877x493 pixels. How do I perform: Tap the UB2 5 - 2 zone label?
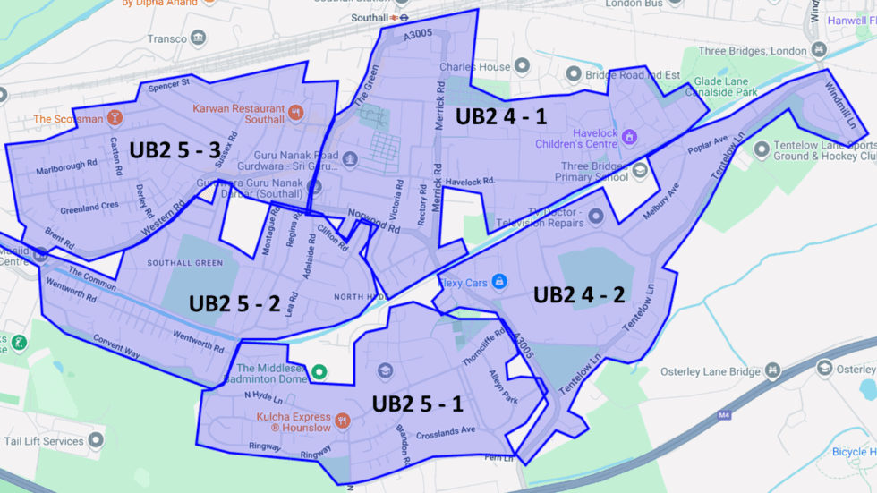[234, 303]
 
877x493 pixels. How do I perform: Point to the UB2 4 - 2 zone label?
[578, 294]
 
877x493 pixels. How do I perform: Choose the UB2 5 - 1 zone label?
[417, 404]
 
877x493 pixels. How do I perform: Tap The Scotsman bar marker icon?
[115, 118]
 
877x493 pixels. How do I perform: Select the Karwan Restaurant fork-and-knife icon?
[296, 114]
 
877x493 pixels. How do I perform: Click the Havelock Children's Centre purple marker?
[630, 137]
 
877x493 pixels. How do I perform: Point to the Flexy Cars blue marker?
[500, 283]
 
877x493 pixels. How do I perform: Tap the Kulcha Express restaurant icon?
[342, 420]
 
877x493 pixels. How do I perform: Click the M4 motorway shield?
[723, 415]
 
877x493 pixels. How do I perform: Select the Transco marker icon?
[198, 38]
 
